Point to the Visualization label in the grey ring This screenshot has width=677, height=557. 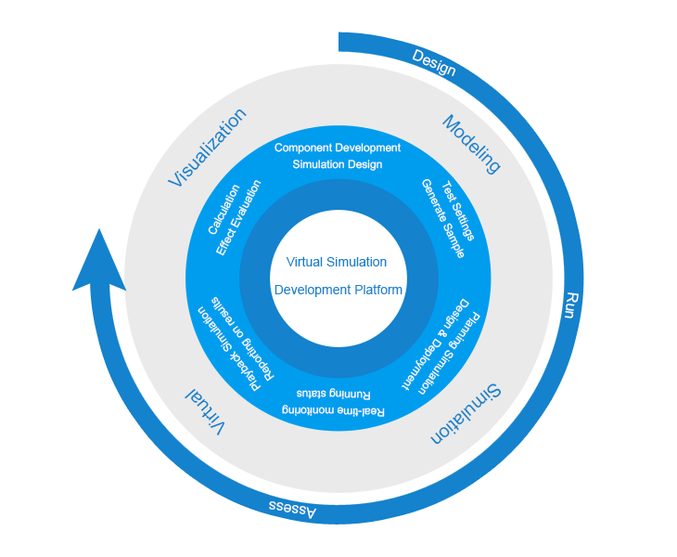(x=208, y=148)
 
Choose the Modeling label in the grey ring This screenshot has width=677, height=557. (x=471, y=144)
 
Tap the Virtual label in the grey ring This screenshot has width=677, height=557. (x=206, y=411)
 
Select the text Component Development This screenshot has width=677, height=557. (x=338, y=148)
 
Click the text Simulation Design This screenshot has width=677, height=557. (x=338, y=164)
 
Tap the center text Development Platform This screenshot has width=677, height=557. (x=338, y=290)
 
